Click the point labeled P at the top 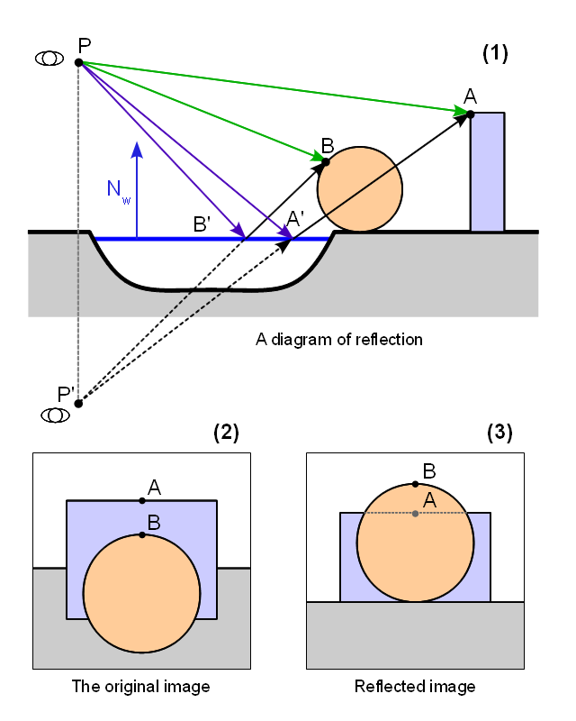79,62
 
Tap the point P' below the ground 78,403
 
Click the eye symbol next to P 49,58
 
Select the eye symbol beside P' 57,415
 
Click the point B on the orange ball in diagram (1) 326,161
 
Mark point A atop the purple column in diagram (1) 469,114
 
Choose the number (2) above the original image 225,433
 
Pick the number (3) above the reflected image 499,433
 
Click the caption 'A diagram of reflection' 339,340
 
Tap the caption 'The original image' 140,687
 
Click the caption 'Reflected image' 415,687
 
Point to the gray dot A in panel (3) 415,514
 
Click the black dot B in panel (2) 142,535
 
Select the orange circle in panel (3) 415,550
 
